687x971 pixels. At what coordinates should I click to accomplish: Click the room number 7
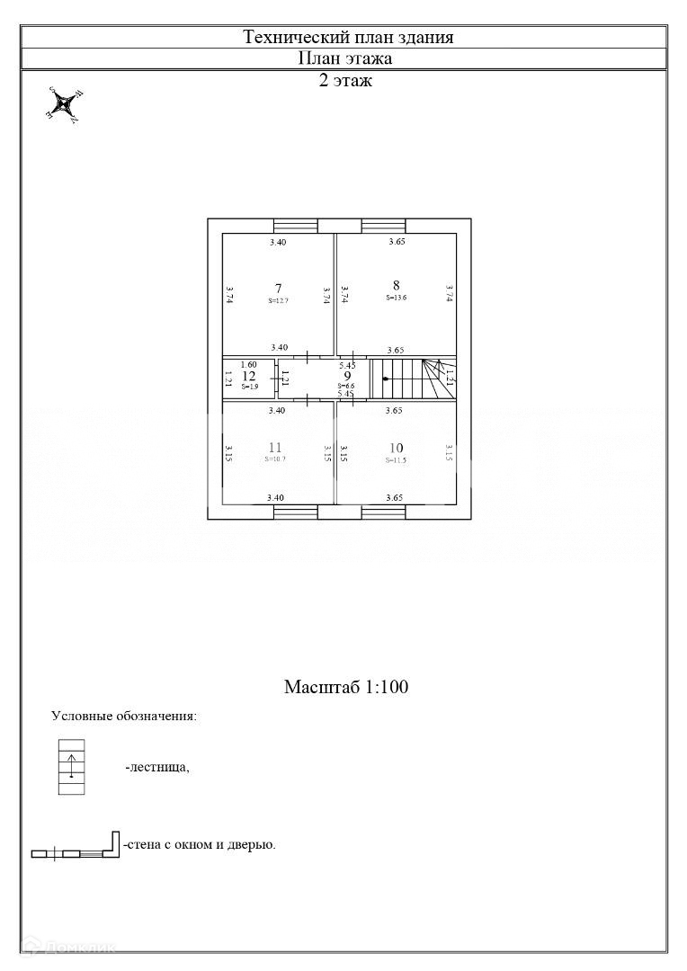pyautogui.click(x=279, y=288)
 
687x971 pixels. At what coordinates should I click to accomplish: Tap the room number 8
pyautogui.click(x=396, y=285)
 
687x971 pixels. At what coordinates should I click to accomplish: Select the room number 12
pyautogui.click(x=249, y=376)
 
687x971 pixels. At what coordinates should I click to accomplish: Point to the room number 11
pyautogui.click(x=275, y=447)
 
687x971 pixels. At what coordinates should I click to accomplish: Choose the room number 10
pyautogui.click(x=396, y=448)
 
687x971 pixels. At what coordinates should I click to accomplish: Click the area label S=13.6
pyautogui.click(x=397, y=298)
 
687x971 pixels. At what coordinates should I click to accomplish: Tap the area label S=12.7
pyautogui.click(x=278, y=300)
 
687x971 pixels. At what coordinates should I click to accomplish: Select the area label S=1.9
pyautogui.click(x=249, y=386)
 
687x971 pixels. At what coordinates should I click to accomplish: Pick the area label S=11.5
pyautogui.click(x=397, y=460)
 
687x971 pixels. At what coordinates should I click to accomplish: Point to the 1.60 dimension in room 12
pyautogui.click(x=249, y=364)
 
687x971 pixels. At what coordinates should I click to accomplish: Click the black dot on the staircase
pyautogui.click(x=385, y=379)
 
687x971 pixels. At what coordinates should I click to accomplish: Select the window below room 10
pyautogui.click(x=383, y=512)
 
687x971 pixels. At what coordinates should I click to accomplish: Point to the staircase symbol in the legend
pyautogui.click(x=73, y=767)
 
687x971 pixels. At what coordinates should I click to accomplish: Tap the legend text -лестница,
pyautogui.click(x=157, y=768)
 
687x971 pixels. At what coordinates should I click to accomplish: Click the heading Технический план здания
pyautogui.click(x=348, y=37)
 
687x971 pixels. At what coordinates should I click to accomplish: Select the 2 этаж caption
pyautogui.click(x=345, y=81)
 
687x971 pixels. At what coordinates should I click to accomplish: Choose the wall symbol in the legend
pyautogui.click(x=76, y=847)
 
